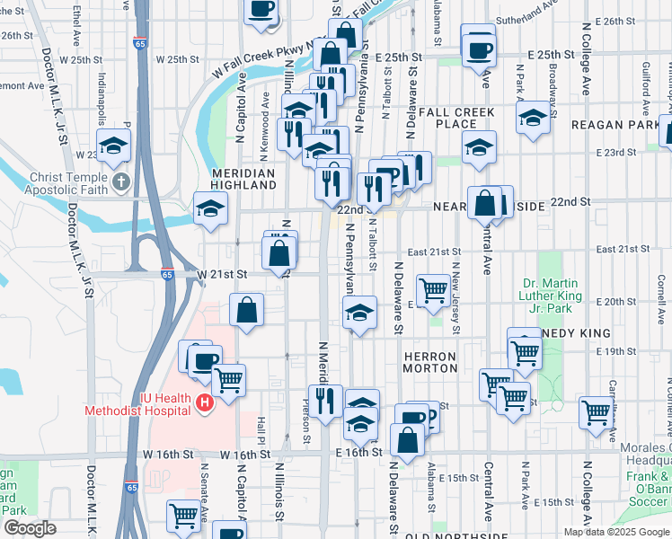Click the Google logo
coord(29,528)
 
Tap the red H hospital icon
coord(204,403)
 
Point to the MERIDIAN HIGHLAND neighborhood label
coord(243,179)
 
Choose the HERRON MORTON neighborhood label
coord(430,362)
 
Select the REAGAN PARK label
coord(619,125)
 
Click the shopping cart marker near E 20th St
coord(434,290)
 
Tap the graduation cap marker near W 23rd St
coord(114,145)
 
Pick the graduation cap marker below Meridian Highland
coord(211,208)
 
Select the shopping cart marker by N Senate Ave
coord(184,516)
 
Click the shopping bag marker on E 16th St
coord(408,440)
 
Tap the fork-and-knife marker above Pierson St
coord(324,398)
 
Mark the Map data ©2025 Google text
coord(615,532)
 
